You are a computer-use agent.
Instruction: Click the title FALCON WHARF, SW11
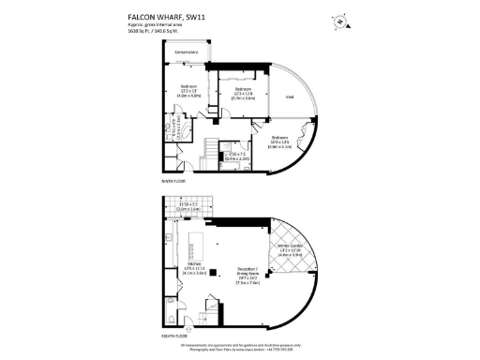tap(162, 17)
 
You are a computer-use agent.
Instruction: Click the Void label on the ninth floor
tap(291, 97)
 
